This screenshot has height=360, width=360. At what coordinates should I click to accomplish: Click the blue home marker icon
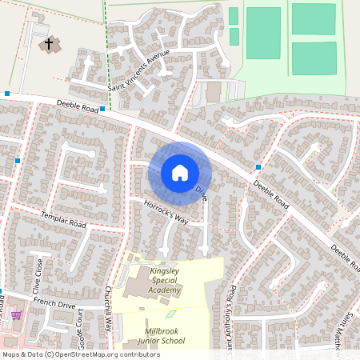coord(180,172)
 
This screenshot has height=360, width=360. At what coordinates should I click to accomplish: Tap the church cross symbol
coord(50,43)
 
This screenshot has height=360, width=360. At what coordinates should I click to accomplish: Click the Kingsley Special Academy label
coord(165,281)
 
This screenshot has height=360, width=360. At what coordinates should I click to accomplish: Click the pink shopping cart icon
coord(15,315)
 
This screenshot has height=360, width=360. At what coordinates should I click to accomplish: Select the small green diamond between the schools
coord(169,312)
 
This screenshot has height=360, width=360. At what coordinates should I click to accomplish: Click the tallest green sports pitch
coord(263,32)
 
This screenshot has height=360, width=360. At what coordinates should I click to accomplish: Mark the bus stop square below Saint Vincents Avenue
coord(102,107)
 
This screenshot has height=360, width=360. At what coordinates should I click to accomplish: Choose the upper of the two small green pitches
coord(234,15)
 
